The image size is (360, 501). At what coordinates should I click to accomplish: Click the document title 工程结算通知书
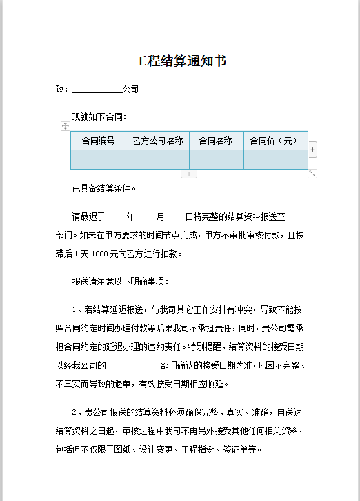pyautogui.click(x=180, y=62)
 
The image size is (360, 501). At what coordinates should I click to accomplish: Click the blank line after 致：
pyautogui.click(x=97, y=90)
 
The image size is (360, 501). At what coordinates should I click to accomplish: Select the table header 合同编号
pyautogui.click(x=99, y=141)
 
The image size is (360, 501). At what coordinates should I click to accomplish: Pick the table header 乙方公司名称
pyautogui.click(x=159, y=141)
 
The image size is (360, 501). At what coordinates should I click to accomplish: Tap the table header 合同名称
pyautogui.click(x=216, y=141)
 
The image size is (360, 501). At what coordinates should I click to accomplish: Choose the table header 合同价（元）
pyautogui.click(x=275, y=141)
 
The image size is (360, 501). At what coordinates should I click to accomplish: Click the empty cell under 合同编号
pyautogui.click(x=99, y=159)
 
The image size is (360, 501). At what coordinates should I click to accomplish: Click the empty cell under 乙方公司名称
pyautogui.click(x=159, y=159)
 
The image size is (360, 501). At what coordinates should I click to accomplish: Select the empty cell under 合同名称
pyautogui.click(x=216, y=159)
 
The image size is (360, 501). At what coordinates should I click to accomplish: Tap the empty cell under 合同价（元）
pyautogui.click(x=275, y=159)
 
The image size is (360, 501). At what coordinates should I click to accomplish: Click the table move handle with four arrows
pyautogui.click(x=65, y=126)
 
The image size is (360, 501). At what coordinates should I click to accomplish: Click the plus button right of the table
pyautogui.click(x=313, y=149)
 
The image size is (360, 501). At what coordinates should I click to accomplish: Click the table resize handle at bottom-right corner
pyautogui.click(x=312, y=174)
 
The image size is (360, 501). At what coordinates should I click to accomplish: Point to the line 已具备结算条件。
pyautogui.click(x=104, y=187)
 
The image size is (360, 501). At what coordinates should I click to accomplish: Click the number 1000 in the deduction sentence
pyautogui.click(x=100, y=254)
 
